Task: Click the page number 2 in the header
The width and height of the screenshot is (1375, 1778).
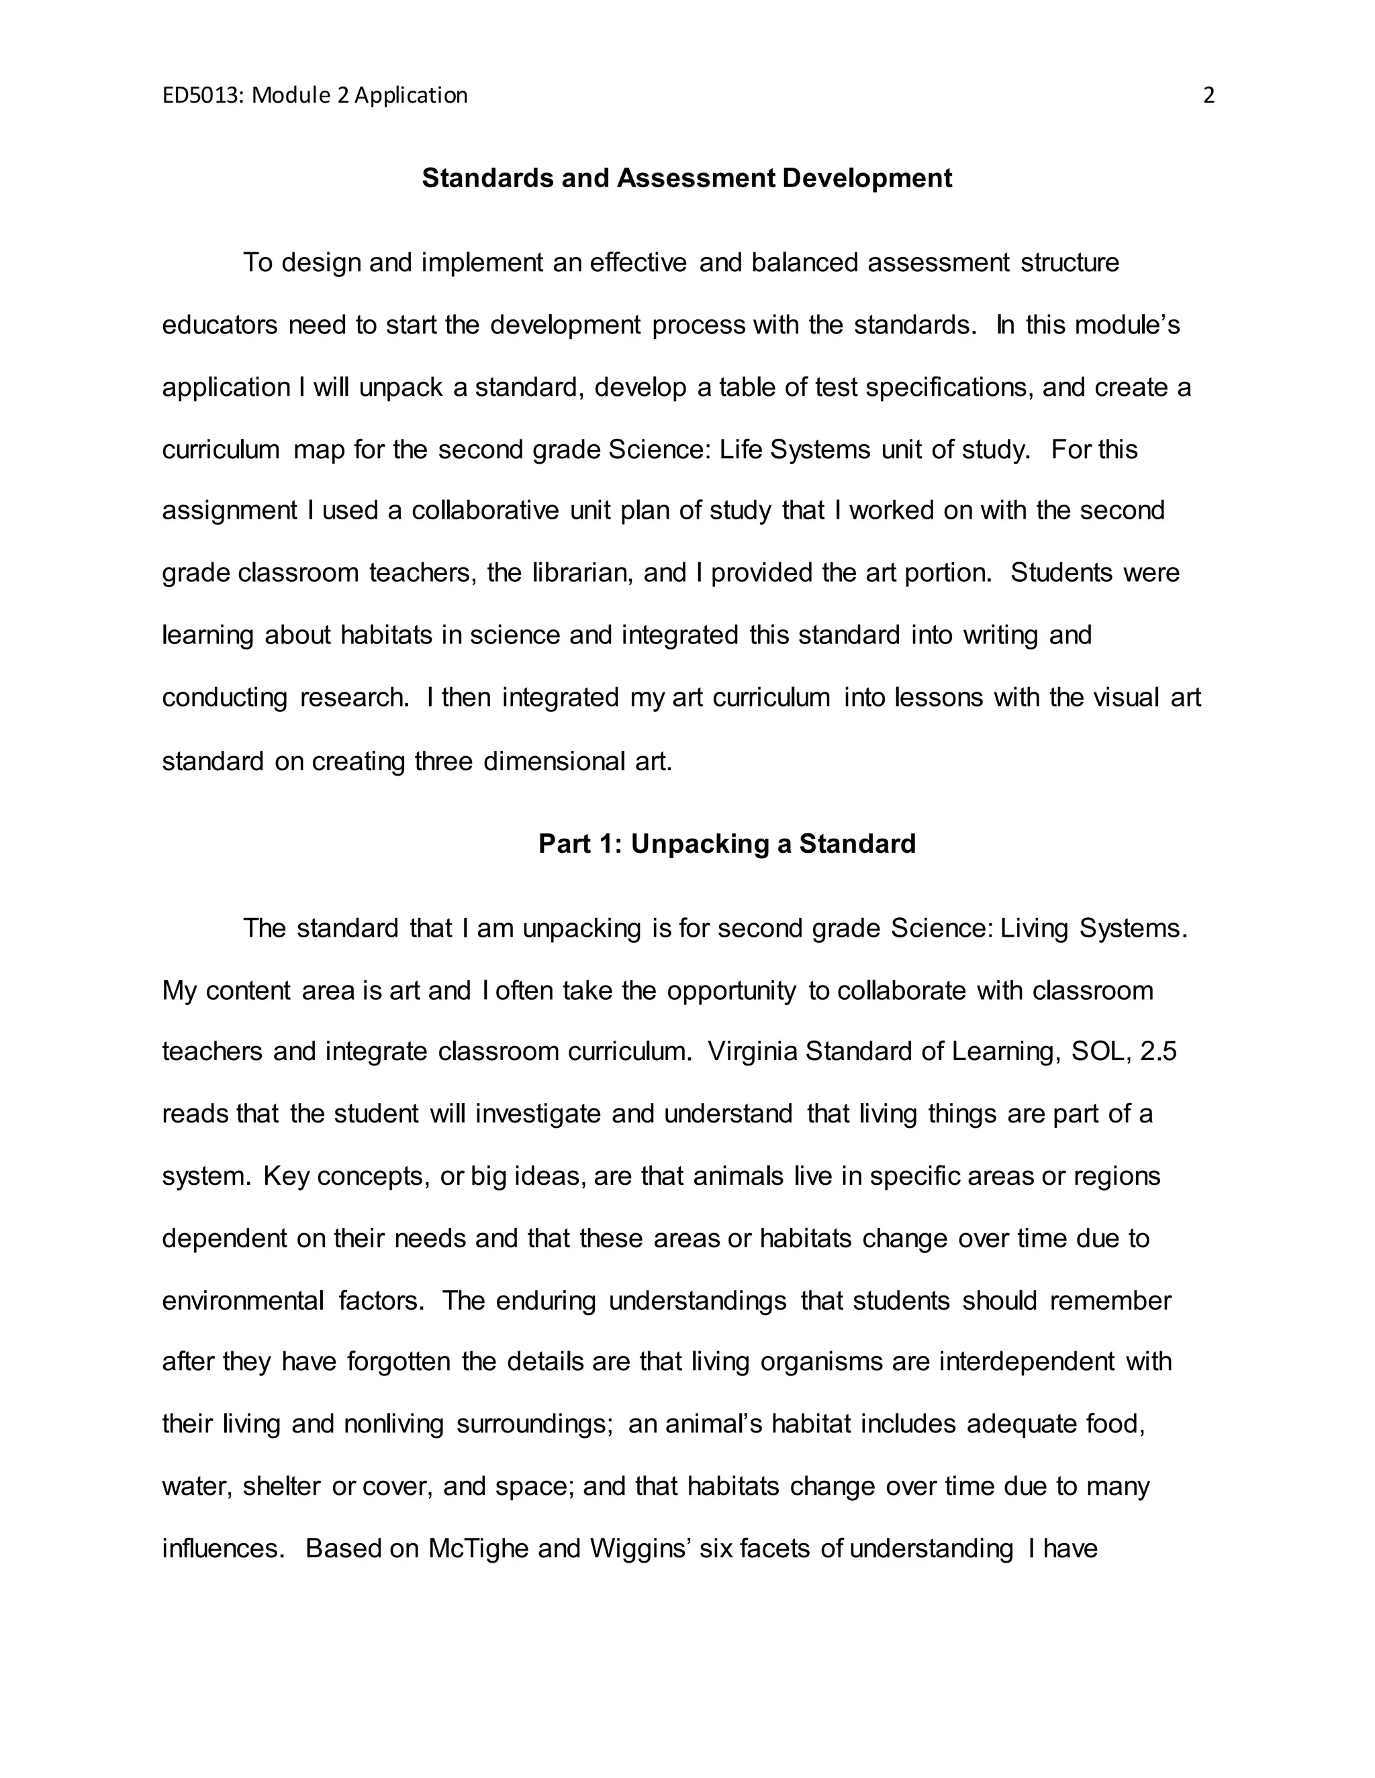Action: [x=1208, y=96]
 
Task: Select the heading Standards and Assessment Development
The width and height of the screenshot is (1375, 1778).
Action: [x=687, y=178]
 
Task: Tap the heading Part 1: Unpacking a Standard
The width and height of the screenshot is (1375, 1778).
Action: [x=726, y=843]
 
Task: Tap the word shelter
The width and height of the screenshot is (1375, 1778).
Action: [x=282, y=1487]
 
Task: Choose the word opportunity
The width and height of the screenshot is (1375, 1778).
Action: [x=732, y=991]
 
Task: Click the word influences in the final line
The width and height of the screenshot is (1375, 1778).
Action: [x=222, y=1549]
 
